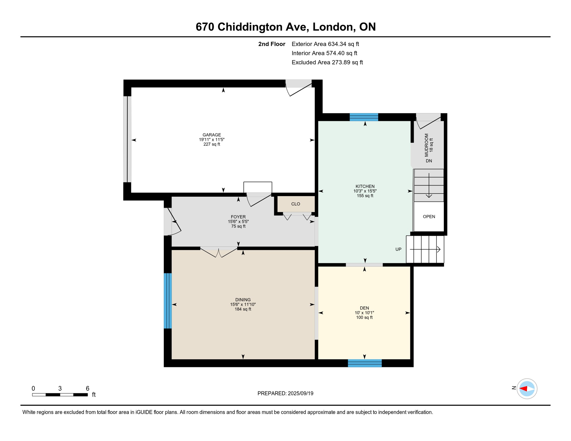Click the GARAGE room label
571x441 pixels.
click(212, 135)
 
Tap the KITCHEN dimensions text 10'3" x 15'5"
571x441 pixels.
click(365, 191)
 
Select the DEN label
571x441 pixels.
click(364, 308)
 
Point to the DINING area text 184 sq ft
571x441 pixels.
click(243, 309)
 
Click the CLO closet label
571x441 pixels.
click(296, 204)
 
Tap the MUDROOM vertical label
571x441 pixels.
click(426, 145)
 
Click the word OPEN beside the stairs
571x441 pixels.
click(429, 216)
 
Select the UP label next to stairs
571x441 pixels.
click(398, 249)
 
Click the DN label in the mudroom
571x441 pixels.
click(429, 161)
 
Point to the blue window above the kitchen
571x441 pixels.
click(364, 117)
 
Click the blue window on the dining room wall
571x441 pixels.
click(168, 301)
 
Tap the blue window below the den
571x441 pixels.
click(364, 363)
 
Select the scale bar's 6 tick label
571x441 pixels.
click(87, 388)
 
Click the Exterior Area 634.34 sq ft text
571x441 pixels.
click(325, 44)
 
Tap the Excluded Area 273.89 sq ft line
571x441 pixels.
click(327, 62)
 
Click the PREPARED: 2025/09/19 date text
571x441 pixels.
click(285, 393)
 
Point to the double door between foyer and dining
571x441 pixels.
click(219, 252)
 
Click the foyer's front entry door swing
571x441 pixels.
click(174, 221)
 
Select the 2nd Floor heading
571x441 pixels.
click(271, 44)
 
